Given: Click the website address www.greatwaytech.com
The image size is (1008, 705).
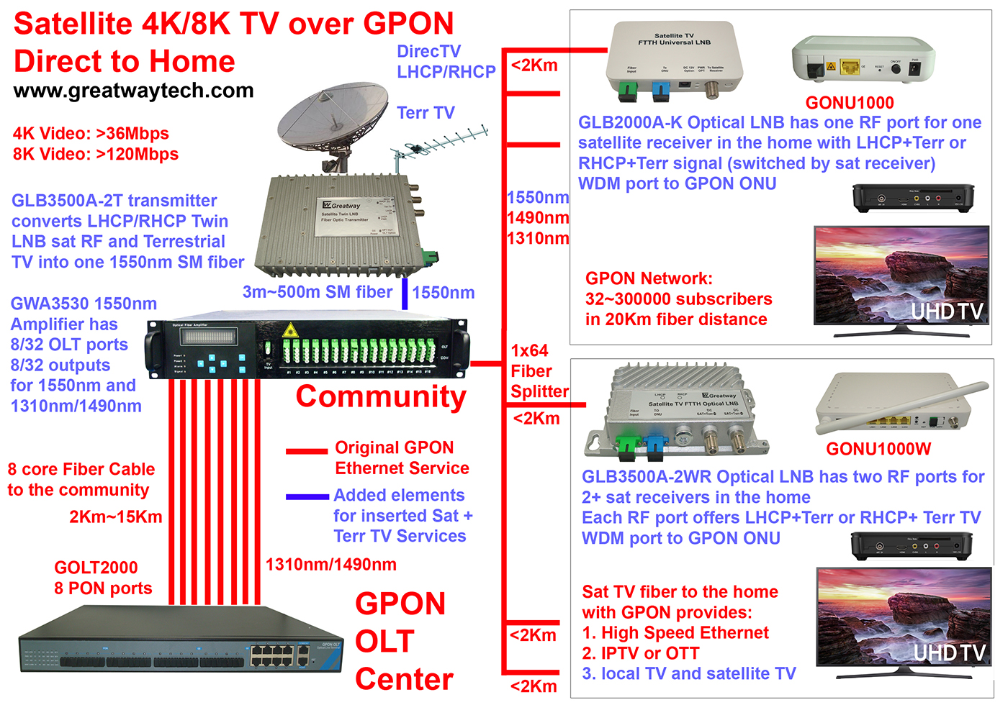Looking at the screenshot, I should click(x=133, y=91).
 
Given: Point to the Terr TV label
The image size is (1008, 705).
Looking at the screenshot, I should click(x=426, y=113).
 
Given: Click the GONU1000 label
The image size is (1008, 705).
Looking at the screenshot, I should click(x=850, y=103).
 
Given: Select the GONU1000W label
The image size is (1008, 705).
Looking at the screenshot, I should click(x=878, y=449).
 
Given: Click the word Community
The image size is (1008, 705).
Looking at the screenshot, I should click(x=381, y=396).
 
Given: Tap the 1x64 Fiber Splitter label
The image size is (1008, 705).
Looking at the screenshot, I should click(x=539, y=371).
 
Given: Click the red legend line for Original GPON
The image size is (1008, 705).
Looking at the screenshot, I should click(x=307, y=452).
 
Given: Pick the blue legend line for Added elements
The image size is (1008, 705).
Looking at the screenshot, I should click(x=307, y=496).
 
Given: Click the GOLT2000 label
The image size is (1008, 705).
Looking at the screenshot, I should click(x=96, y=568).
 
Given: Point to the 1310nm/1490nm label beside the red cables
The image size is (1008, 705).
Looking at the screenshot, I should click(x=330, y=564).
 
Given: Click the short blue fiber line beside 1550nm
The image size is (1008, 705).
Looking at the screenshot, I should click(x=405, y=293).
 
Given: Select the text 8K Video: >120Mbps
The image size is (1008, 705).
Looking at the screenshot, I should click(x=96, y=154).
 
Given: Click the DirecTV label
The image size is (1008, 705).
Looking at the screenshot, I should click(x=428, y=51).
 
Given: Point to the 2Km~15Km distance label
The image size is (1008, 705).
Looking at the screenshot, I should click(x=115, y=517).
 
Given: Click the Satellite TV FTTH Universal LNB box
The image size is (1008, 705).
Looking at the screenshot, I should click(x=670, y=61).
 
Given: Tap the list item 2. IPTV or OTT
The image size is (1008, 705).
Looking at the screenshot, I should click(x=640, y=653).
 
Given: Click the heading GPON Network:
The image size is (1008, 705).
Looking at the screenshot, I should click(x=649, y=278).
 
